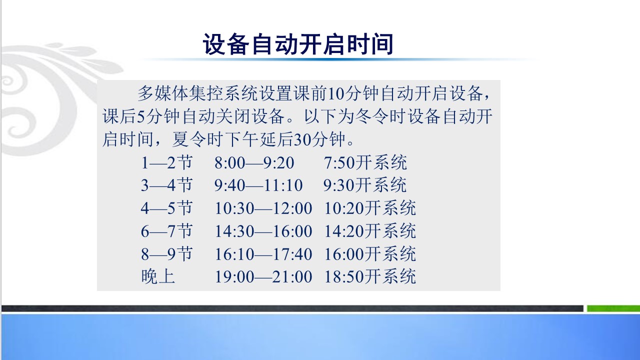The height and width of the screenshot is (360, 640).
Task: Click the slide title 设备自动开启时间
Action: coord(298,44)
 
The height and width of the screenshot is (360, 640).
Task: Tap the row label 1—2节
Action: coord(167,163)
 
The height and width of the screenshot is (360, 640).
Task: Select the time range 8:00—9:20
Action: coord(254,163)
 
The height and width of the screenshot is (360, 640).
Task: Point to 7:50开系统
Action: coord(365,163)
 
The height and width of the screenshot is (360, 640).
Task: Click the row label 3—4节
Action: coord(167,185)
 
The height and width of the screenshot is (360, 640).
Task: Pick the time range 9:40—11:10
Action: coord(258,185)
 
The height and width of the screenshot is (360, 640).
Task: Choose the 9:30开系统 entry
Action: coord(365,185)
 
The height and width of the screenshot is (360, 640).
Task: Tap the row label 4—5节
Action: coord(167,208)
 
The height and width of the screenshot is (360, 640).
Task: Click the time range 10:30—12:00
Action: coord(263,208)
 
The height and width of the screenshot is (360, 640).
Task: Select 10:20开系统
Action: coord(370,208)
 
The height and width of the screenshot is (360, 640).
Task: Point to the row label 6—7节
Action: coord(167,231)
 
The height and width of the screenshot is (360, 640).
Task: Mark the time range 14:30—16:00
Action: coord(263,231)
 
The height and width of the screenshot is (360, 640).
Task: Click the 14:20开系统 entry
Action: coord(370,231)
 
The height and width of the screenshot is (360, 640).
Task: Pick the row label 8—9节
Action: coord(167,254)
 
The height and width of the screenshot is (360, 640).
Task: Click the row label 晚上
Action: coord(158,276)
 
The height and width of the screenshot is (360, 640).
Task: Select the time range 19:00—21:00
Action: coord(263,277)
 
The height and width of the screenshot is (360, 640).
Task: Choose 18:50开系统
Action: coord(370,276)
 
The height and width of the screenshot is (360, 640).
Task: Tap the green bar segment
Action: coord(613,308)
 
